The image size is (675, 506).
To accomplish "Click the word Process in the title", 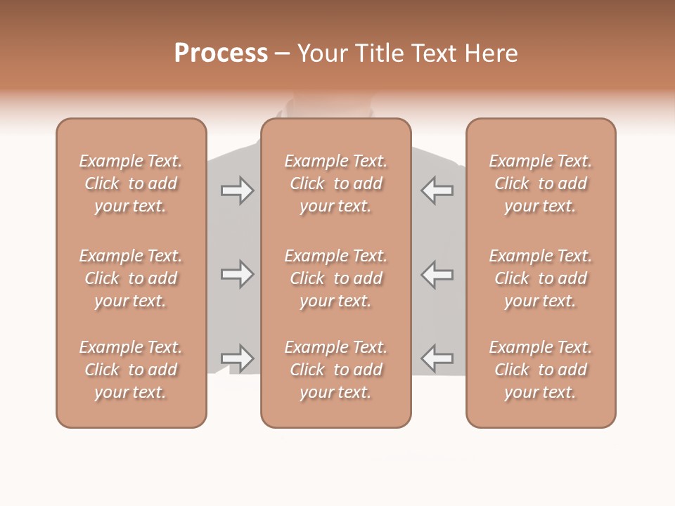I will [221, 53].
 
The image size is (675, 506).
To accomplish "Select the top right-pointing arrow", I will [237, 190].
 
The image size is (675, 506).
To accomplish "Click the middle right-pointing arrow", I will [237, 274].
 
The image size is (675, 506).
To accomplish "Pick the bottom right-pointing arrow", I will [237, 358].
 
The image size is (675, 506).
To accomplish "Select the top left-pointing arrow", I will [437, 190].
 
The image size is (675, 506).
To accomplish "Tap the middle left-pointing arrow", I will [437, 274].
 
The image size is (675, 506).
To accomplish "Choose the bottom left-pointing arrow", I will [437, 358].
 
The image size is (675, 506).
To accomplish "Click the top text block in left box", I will [131, 183].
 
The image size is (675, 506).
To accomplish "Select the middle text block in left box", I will [131, 278].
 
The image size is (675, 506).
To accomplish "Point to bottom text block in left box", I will [131, 370].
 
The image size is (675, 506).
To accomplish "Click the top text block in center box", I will [336, 183].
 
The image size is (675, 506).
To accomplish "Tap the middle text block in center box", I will [336, 278].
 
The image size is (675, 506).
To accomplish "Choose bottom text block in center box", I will [336, 370].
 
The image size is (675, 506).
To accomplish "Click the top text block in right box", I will [541, 183].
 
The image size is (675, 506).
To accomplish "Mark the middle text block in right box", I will [541, 278].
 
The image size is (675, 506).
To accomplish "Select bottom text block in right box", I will [541, 370].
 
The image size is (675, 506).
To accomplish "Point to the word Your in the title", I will [322, 53].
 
